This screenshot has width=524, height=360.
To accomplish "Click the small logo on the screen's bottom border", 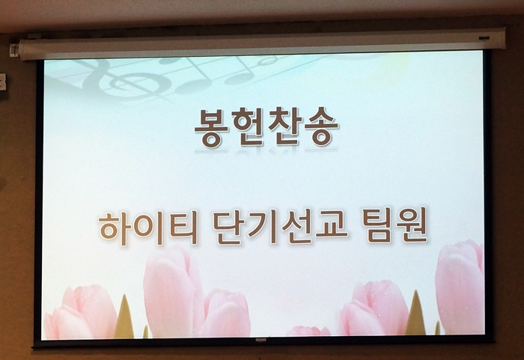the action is click(261, 341).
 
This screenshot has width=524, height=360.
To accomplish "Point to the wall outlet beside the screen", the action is click(3, 82).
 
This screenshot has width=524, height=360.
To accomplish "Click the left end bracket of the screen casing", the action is click(14, 50).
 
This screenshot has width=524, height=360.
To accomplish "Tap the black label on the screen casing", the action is click(484, 38).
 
